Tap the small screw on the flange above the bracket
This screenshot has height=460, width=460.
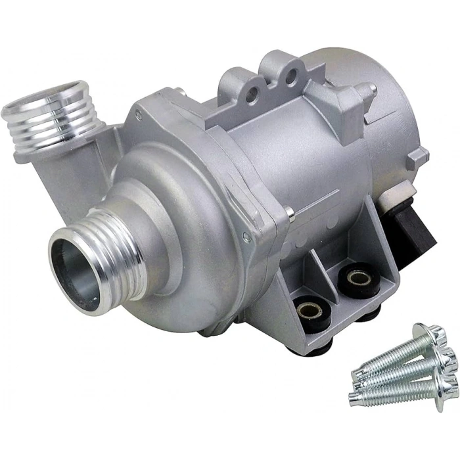pyautogui.click(x=289, y=212)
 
